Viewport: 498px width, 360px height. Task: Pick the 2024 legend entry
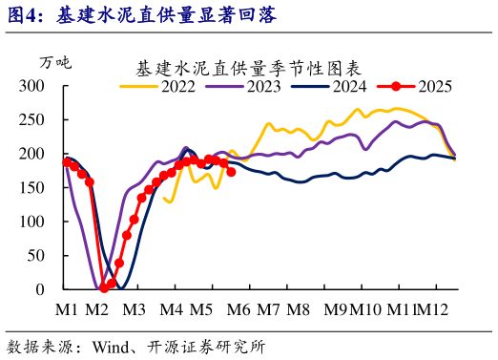[330, 86]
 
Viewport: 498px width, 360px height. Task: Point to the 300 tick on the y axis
[33, 86]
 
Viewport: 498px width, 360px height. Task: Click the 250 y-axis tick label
[33, 119]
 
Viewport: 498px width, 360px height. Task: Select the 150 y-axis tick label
[33, 187]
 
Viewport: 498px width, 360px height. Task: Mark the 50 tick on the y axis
[38, 255]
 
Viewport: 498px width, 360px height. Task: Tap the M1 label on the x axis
[67, 309]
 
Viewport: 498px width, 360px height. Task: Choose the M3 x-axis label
[133, 309]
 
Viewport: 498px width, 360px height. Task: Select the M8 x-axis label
[299, 309]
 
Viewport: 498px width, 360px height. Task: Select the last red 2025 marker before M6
[231, 172]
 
